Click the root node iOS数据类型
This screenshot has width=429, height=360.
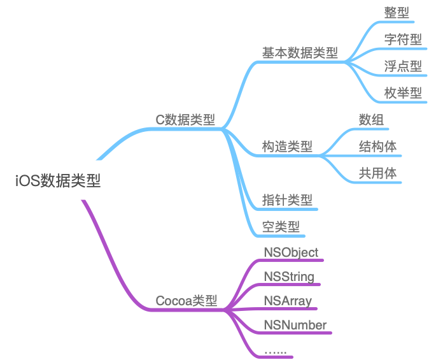[x=58, y=181]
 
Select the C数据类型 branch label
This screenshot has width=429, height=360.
[x=186, y=119]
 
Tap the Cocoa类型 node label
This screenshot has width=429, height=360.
[x=186, y=300]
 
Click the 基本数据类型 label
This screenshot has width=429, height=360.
[x=300, y=53]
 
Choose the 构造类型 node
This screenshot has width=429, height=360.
[x=288, y=146]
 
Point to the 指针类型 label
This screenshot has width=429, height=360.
[x=288, y=200]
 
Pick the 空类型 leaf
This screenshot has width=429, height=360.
[x=281, y=226]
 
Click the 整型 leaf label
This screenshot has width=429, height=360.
[x=397, y=12]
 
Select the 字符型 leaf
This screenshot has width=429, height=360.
[x=403, y=40]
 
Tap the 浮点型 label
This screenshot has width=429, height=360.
[x=403, y=66]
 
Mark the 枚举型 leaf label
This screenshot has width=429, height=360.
[x=403, y=93]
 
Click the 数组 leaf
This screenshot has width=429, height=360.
[x=371, y=120]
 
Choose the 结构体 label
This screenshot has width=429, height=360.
[x=377, y=147]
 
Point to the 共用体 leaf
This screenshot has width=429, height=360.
[x=377, y=173]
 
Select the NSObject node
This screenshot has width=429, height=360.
[x=291, y=252]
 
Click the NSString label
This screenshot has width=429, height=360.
[x=289, y=277]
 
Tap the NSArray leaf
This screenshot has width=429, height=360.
[x=288, y=301]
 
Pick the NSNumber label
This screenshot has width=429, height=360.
[x=295, y=325]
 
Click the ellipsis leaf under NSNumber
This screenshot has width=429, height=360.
[x=275, y=350]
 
